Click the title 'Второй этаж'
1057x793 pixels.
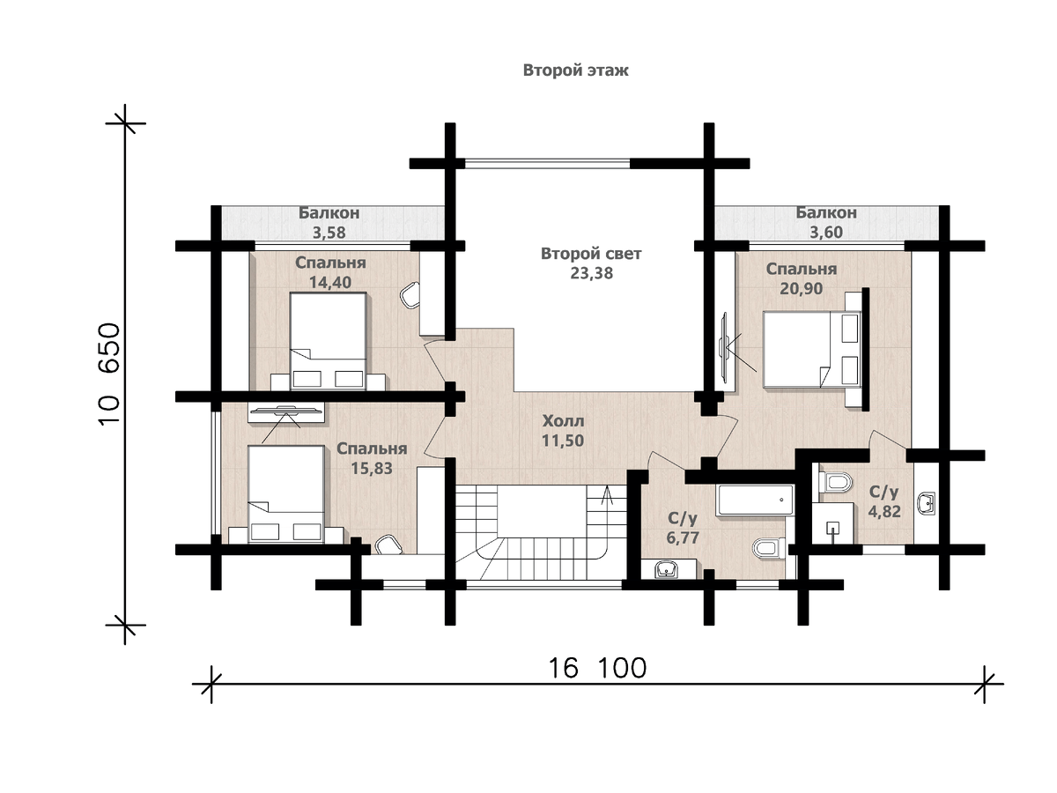point(575,70)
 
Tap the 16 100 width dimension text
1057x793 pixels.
point(597,668)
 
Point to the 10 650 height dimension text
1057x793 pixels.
point(109,374)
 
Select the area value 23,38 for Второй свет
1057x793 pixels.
point(591,273)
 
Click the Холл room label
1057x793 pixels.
point(563,421)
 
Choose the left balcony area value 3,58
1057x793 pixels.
point(329,233)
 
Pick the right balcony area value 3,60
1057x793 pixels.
point(826,232)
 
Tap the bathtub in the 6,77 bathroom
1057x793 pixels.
point(754,500)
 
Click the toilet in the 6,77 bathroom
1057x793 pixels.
point(769,548)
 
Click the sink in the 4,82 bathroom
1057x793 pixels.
point(926,503)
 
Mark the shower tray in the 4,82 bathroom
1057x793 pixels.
point(833,523)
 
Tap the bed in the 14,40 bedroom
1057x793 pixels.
point(328,341)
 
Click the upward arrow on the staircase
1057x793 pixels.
point(607,494)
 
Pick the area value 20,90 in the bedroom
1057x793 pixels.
point(802,288)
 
